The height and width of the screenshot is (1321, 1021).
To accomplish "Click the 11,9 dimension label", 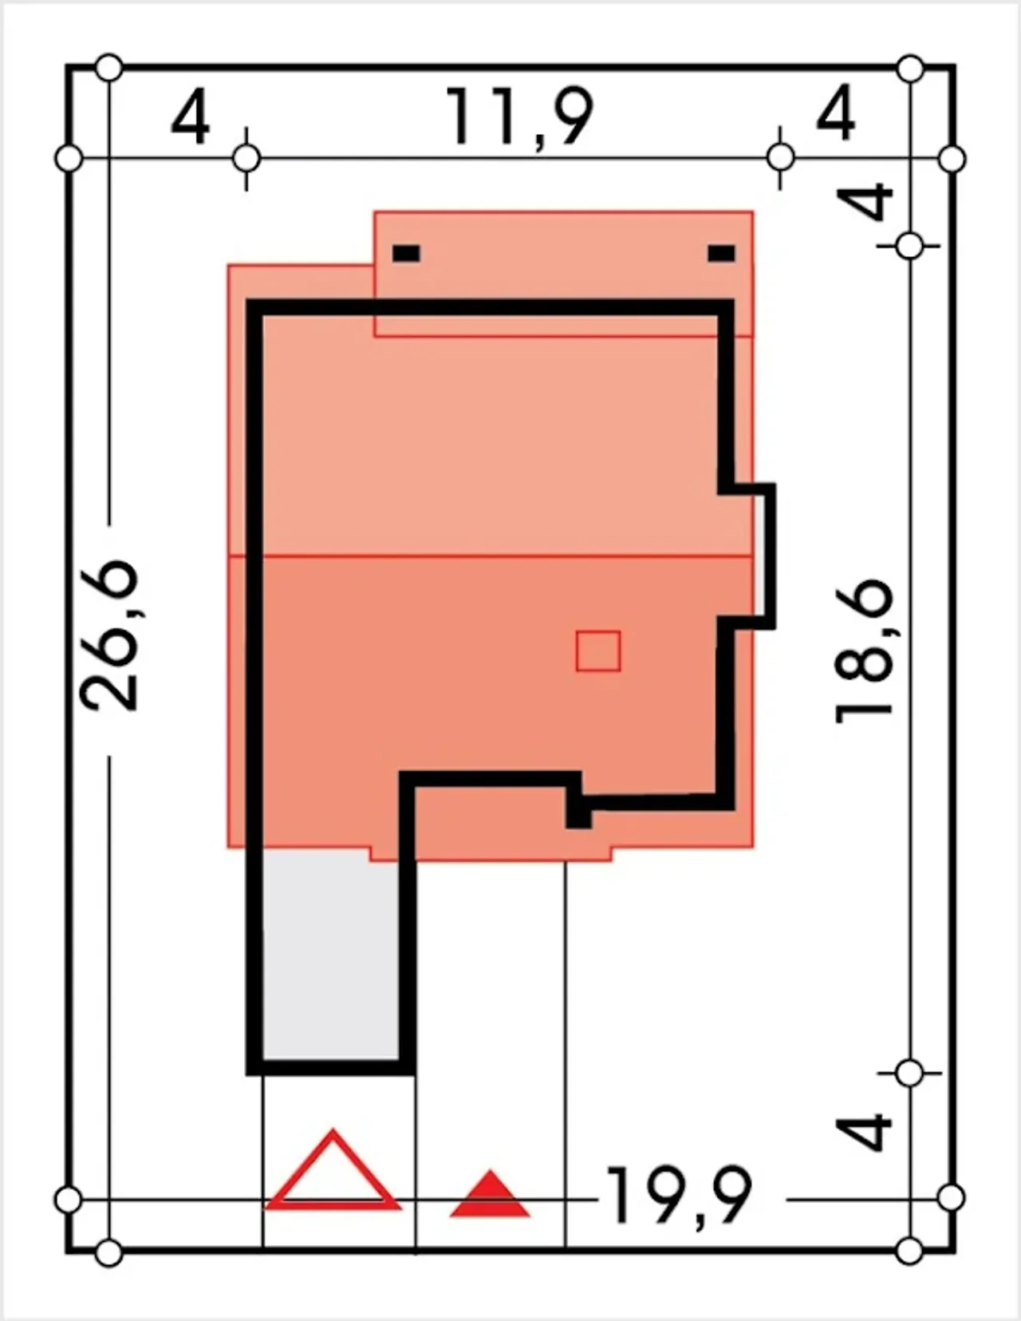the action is click(519, 116).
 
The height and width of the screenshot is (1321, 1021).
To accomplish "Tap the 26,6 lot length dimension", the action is click(110, 635).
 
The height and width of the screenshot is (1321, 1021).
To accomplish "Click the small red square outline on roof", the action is click(598, 651).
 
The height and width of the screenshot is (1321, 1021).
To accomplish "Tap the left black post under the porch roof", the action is click(406, 253).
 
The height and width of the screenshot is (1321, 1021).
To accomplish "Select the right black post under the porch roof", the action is click(722, 253).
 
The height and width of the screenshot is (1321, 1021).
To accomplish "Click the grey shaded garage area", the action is click(331, 962).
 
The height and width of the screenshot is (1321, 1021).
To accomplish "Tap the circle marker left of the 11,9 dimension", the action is click(246, 160).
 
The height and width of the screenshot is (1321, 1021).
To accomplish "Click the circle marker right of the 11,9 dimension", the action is click(780, 158).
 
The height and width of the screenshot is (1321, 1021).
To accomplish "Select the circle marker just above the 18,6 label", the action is click(909, 246).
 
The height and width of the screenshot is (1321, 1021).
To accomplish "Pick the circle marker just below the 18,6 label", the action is click(909, 1074).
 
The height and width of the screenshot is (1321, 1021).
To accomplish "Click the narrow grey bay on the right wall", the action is click(759, 555).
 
